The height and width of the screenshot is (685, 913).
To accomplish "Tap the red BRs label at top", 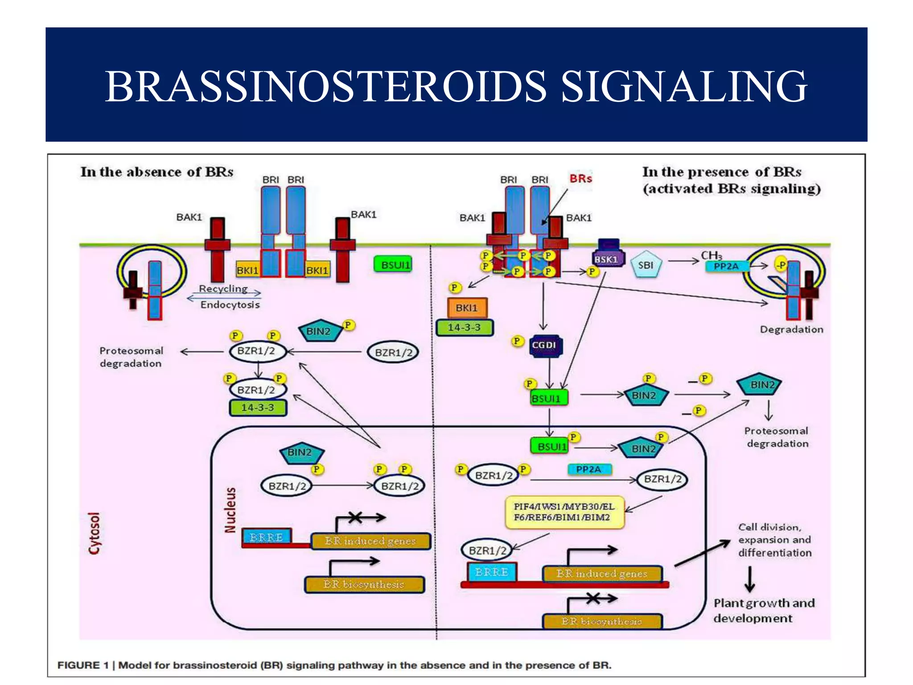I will (x=580, y=178).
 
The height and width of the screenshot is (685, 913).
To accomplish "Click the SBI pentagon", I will (x=646, y=265).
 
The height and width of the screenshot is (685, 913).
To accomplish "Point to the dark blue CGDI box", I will (x=544, y=345).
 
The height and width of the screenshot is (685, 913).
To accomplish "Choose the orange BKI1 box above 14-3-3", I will (x=467, y=308).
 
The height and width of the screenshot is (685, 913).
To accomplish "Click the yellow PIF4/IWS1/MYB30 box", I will (x=564, y=512).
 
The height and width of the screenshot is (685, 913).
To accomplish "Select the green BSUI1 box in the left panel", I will (x=393, y=265).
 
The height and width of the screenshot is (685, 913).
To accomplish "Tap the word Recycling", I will (x=223, y=289).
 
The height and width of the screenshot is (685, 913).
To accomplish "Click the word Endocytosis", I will (x=230, y=305).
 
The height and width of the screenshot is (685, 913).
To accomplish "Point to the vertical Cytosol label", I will (x=95, y=533).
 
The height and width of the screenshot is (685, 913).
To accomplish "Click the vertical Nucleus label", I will (x=230, y=510).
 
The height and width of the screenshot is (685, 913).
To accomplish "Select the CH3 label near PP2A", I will (x=711, y=255).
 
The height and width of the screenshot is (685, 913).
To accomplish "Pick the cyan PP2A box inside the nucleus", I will (x=589, y=469).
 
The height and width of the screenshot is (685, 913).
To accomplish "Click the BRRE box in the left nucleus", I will (x=266, y=537).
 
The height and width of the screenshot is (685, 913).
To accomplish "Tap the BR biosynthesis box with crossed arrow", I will (x=602, y=621).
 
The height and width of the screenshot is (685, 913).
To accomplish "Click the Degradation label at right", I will (x=791, y=330).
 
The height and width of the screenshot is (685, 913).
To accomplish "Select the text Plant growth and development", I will (x=763, y=610).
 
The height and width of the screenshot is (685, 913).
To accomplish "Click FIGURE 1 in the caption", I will (x=83, y=665).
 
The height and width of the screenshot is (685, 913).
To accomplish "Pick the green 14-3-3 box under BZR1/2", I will (x=258, y=408).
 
